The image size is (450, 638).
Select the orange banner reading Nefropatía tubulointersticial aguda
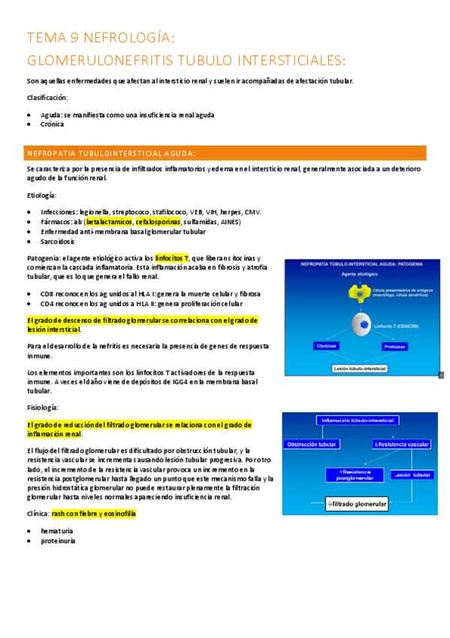(x=226, y=153)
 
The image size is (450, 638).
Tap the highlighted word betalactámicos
(x=109, y=222)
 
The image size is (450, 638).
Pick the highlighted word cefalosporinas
(x=159, y=222)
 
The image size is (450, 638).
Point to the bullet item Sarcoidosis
(x=59, y=242)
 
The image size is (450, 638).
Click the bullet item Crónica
(x=52, y=125)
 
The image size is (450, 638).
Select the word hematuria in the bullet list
(x=57, y=530)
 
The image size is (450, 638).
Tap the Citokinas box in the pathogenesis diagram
(x=326, y=346)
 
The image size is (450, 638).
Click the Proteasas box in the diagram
(x=394, y=347)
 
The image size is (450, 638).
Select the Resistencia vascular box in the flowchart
(x=401, y=445)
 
